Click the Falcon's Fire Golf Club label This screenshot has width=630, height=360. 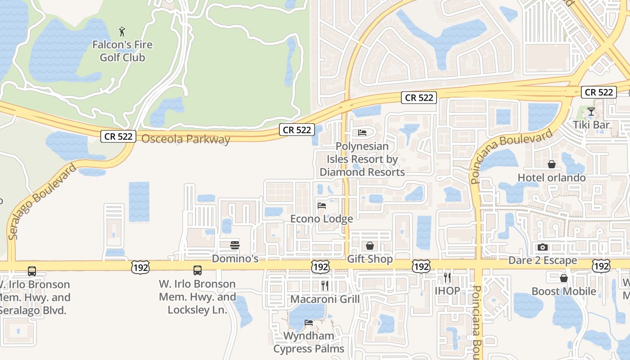pyautogui.click(x=122, y=51)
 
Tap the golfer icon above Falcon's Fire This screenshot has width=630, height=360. pyautogui.click(x=122, y=31)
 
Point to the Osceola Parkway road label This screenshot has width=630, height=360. pyautogui.click(x=186, y=139)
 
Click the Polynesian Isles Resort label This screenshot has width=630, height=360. pyautogui.click(x=362, y=159)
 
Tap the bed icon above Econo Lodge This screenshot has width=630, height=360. pyautogui.click(x=322, y=206)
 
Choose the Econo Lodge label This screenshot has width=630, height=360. pyautogui.click(x=322, y=219)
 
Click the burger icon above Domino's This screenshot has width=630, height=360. pyautogui.click(x=235, y=245)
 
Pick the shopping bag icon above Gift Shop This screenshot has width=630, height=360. pyautogui.click(x=370, y=246)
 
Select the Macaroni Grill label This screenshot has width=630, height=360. pyautogui.click(x=325, y=299)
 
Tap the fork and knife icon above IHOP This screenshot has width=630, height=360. pyautogui.click(x=447, y=277)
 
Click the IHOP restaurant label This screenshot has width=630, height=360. pyautogui.click(x=447, y=291)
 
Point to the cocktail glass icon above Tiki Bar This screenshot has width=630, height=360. pyautogui.click(x=591, y=112)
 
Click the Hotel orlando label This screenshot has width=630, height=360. pyautogui.click(x=552, y=178)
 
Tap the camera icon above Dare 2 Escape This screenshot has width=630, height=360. pyautogui.click(x=543, y=247)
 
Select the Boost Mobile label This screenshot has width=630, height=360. pyautogui.click(x=564, y=291)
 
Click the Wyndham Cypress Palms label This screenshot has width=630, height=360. pyautogui.click(x=309, y=342)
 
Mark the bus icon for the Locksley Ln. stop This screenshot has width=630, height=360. pyautogui.click(x=198, y=270)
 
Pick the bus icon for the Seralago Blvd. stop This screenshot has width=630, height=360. pyautogui.click(x=32, y=271)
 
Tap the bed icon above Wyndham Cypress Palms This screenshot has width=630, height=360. pyautogui.click(x=309, y=323)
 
